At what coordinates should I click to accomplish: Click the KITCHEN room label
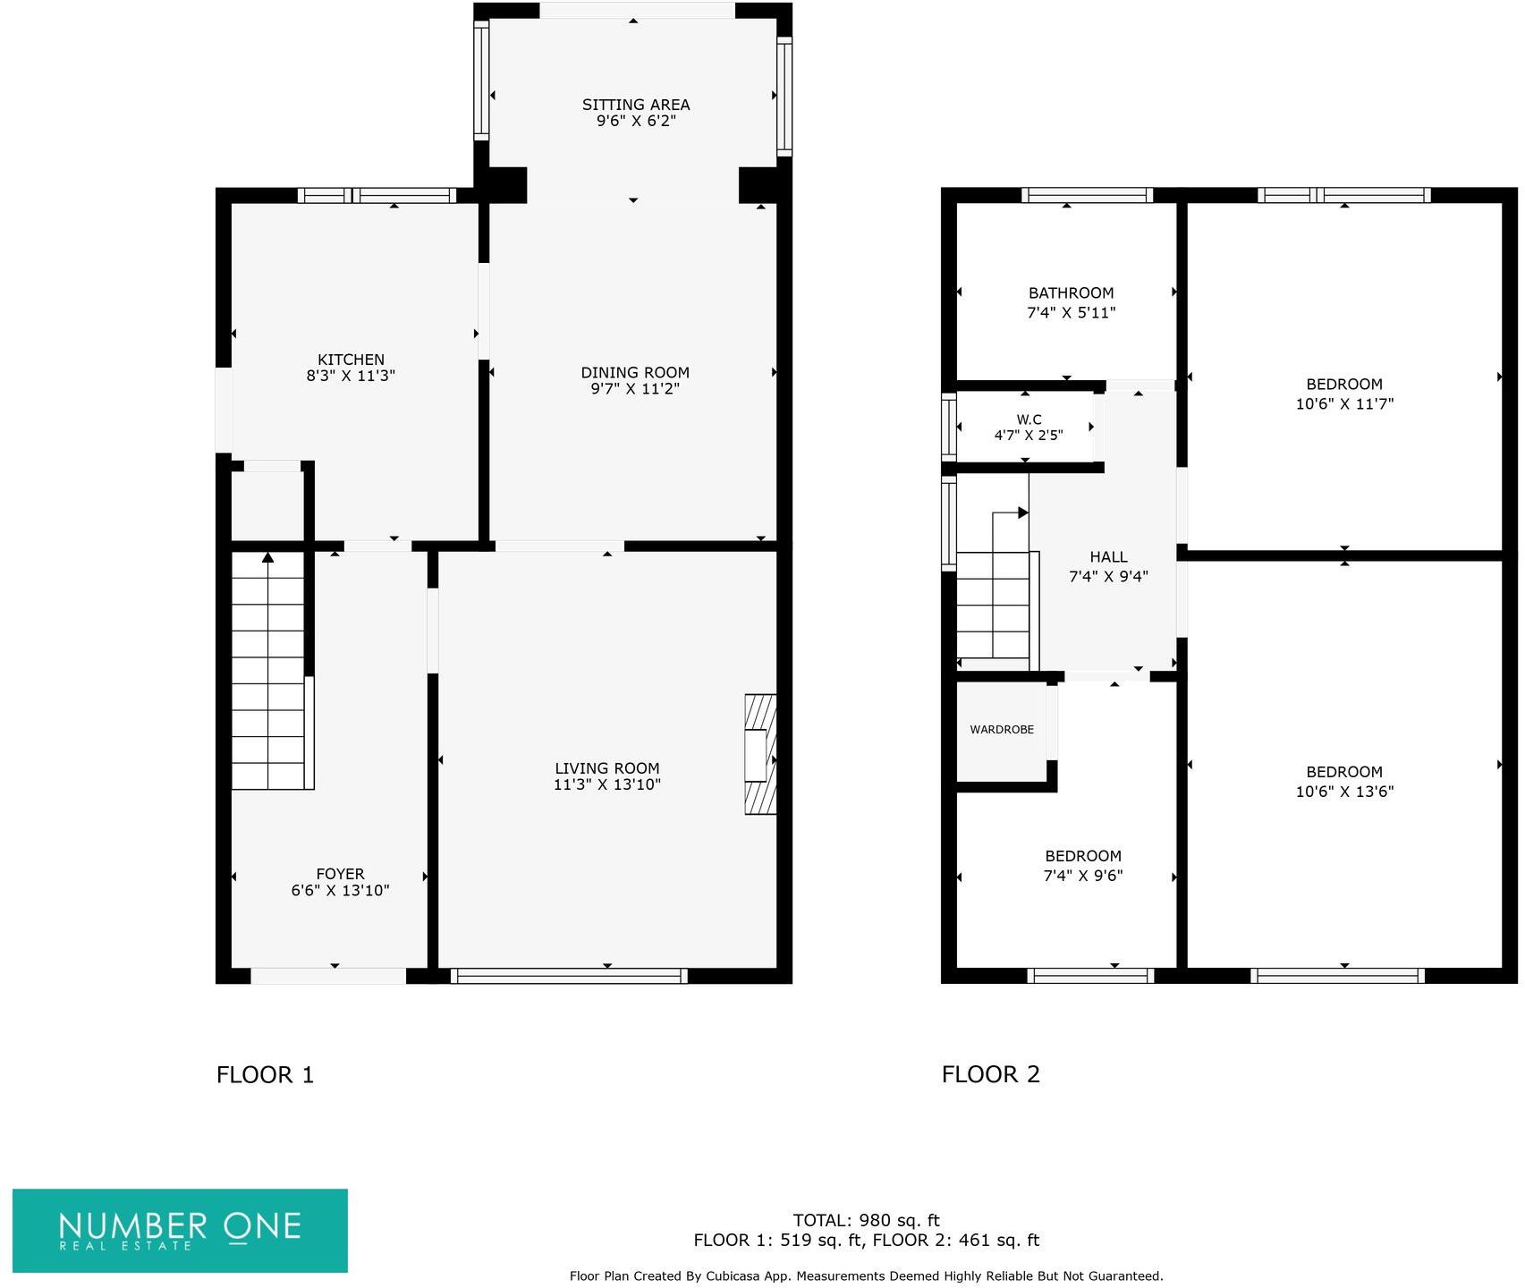pos(351,360)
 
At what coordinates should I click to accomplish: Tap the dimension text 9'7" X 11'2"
pos(634,389)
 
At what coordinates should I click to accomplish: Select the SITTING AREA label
pos(635,105)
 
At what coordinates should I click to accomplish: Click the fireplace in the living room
pos(759,754)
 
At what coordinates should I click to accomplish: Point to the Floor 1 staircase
pos(268,671)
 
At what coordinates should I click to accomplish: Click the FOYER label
pos(340,874)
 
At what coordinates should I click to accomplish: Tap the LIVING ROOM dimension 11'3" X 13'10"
pos(606,784)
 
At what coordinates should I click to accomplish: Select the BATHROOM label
pos(1071,293)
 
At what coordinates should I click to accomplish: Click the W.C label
pos(1029,419)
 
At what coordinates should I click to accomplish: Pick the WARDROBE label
pos(1001,730)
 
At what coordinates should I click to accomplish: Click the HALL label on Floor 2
pos(1108,557)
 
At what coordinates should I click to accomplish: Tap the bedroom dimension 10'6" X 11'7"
pos(1344,403)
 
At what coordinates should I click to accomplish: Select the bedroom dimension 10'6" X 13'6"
pos(1344,791)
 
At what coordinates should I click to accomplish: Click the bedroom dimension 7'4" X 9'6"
pos(1082,876)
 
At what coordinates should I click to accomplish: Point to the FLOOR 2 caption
pos(990,1074)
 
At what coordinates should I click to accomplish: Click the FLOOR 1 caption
pos(265,1074)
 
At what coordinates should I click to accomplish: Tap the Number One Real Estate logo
pos(180,1230)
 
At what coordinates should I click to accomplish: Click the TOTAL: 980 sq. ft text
pos(866,1220)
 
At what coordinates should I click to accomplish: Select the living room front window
pos(569,976)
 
